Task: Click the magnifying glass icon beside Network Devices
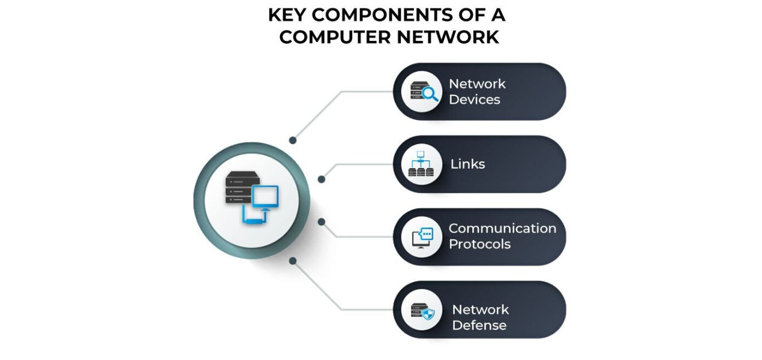[x=430, y=93]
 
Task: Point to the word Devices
[x=475, y=100]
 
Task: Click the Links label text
[x=468, y=164]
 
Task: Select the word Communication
[x=502, y=229]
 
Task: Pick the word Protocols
[x=479, y=244]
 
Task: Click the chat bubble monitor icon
[x=422, y=238]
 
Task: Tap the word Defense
[x=479, y=325]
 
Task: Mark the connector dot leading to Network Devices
[x=293, y=140]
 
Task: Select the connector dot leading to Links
[x=322, y=179]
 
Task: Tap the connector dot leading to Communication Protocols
[x=322, y=222]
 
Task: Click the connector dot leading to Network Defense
[x=293, y=260]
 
